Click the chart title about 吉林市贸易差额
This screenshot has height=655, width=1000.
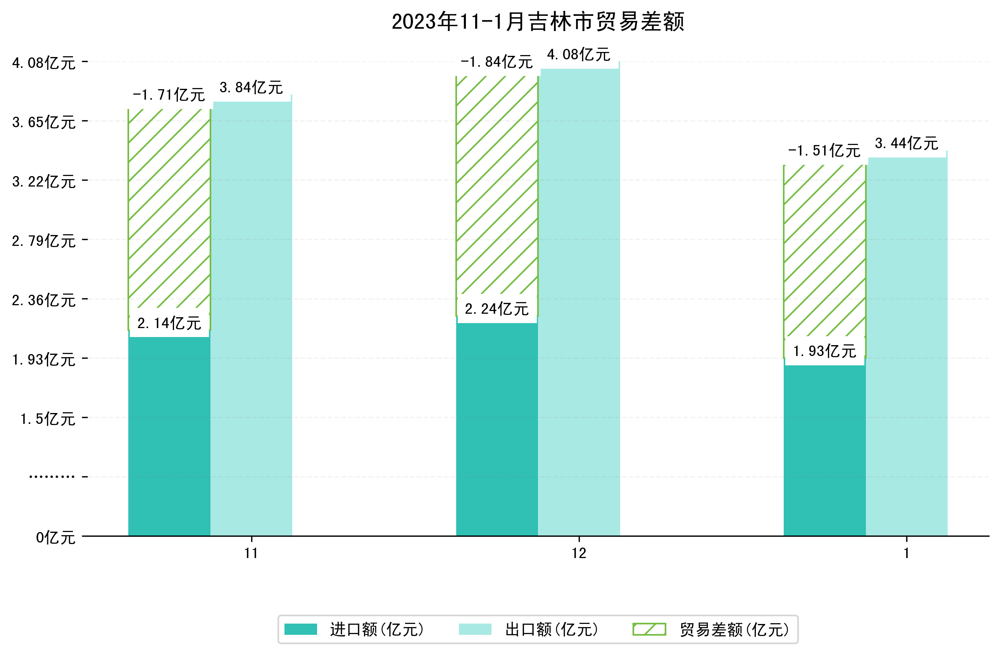[538, 22]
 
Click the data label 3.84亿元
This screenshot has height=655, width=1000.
[251, 87]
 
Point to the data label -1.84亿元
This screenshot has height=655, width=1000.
[497, 62]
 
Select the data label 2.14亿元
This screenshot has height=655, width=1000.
[169, 323]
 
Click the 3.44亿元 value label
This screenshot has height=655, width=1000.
[907, 143]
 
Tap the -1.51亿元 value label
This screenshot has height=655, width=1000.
[824, 150]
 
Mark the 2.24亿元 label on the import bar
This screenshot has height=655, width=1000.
[497, 309]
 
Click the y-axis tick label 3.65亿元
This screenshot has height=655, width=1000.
[44, 122]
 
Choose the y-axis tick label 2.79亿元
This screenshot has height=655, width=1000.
[44, 241]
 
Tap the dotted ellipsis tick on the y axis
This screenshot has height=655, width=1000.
[52, 477]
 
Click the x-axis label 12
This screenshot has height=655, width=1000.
[579, 553]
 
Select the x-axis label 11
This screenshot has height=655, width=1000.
[251, 553]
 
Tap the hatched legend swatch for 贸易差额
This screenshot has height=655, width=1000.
[649, 629]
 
